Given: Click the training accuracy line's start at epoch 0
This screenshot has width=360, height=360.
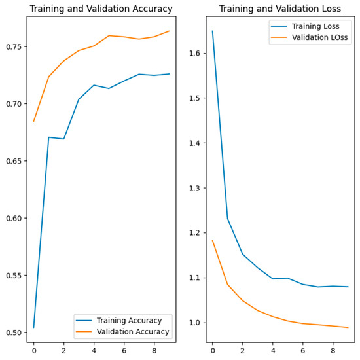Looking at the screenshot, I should point(34,327).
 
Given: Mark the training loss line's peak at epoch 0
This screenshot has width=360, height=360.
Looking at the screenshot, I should point(212,31).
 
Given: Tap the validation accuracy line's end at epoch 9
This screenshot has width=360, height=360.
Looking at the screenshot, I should point(170,31).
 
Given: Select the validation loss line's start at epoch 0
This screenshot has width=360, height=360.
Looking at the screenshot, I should point(212,240).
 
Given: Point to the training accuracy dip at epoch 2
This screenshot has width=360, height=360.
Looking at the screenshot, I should point(64,139).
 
